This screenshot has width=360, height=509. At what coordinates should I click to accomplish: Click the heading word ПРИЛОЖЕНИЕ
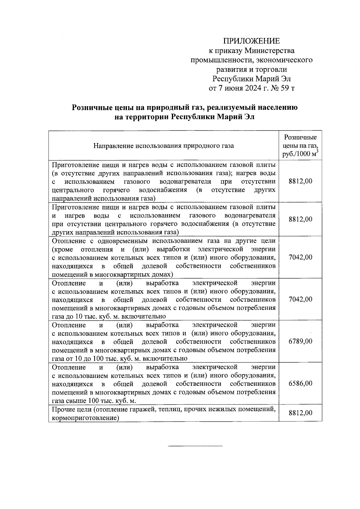coord(251,41)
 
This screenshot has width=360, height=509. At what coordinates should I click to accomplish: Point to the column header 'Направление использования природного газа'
coord(163,146)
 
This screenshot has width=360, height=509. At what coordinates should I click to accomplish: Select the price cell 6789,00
coord(300,341)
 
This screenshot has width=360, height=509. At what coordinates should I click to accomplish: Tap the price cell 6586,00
coord(300,384)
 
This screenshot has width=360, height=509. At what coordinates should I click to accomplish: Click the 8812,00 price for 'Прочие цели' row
coord(300,413)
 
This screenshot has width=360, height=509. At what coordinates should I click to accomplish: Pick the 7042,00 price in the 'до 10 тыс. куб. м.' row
coord(300,299)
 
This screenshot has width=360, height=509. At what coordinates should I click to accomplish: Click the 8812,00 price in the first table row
coord(300,181)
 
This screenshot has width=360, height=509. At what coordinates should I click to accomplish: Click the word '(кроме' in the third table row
coord(62,250)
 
